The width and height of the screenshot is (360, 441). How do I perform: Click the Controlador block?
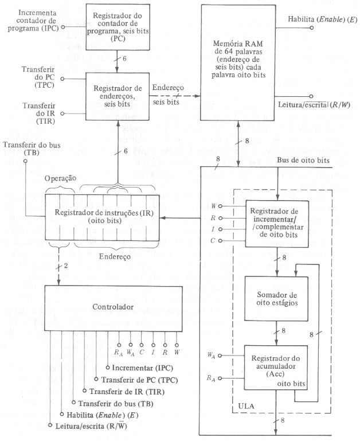coord(114,309)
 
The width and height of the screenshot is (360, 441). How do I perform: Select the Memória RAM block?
coord(238,63)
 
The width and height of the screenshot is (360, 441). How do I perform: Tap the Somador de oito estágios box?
coord(276,299)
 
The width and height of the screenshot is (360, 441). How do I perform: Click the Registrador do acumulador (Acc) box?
coord(276,367)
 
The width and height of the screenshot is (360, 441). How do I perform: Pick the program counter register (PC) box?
coord(118,27)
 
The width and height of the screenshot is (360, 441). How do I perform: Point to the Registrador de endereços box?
coord(118,96)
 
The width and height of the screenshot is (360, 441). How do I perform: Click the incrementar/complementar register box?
coord(277,224)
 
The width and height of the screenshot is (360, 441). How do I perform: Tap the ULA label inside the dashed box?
coord(246,406)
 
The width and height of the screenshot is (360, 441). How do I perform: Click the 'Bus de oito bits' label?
coord(303,161)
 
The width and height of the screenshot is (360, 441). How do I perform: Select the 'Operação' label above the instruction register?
coord(60,178)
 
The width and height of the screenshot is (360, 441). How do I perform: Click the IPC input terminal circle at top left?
coord(63,28)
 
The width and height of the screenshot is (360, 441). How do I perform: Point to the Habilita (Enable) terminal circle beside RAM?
coord(311,28)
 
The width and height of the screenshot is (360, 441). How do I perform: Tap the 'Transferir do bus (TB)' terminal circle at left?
coord(25,161)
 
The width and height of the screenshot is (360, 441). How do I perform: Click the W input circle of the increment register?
coord(220,206)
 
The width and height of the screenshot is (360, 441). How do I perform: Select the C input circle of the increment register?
coord(220,241)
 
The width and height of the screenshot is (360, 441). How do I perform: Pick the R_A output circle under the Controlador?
coord(119,345)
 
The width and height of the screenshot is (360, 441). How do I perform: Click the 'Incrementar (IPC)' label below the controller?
coord(142,368)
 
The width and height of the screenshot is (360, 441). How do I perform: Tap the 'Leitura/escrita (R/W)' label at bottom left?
coord(91,426)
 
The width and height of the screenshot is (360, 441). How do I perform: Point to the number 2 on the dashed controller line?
coord(66,266)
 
